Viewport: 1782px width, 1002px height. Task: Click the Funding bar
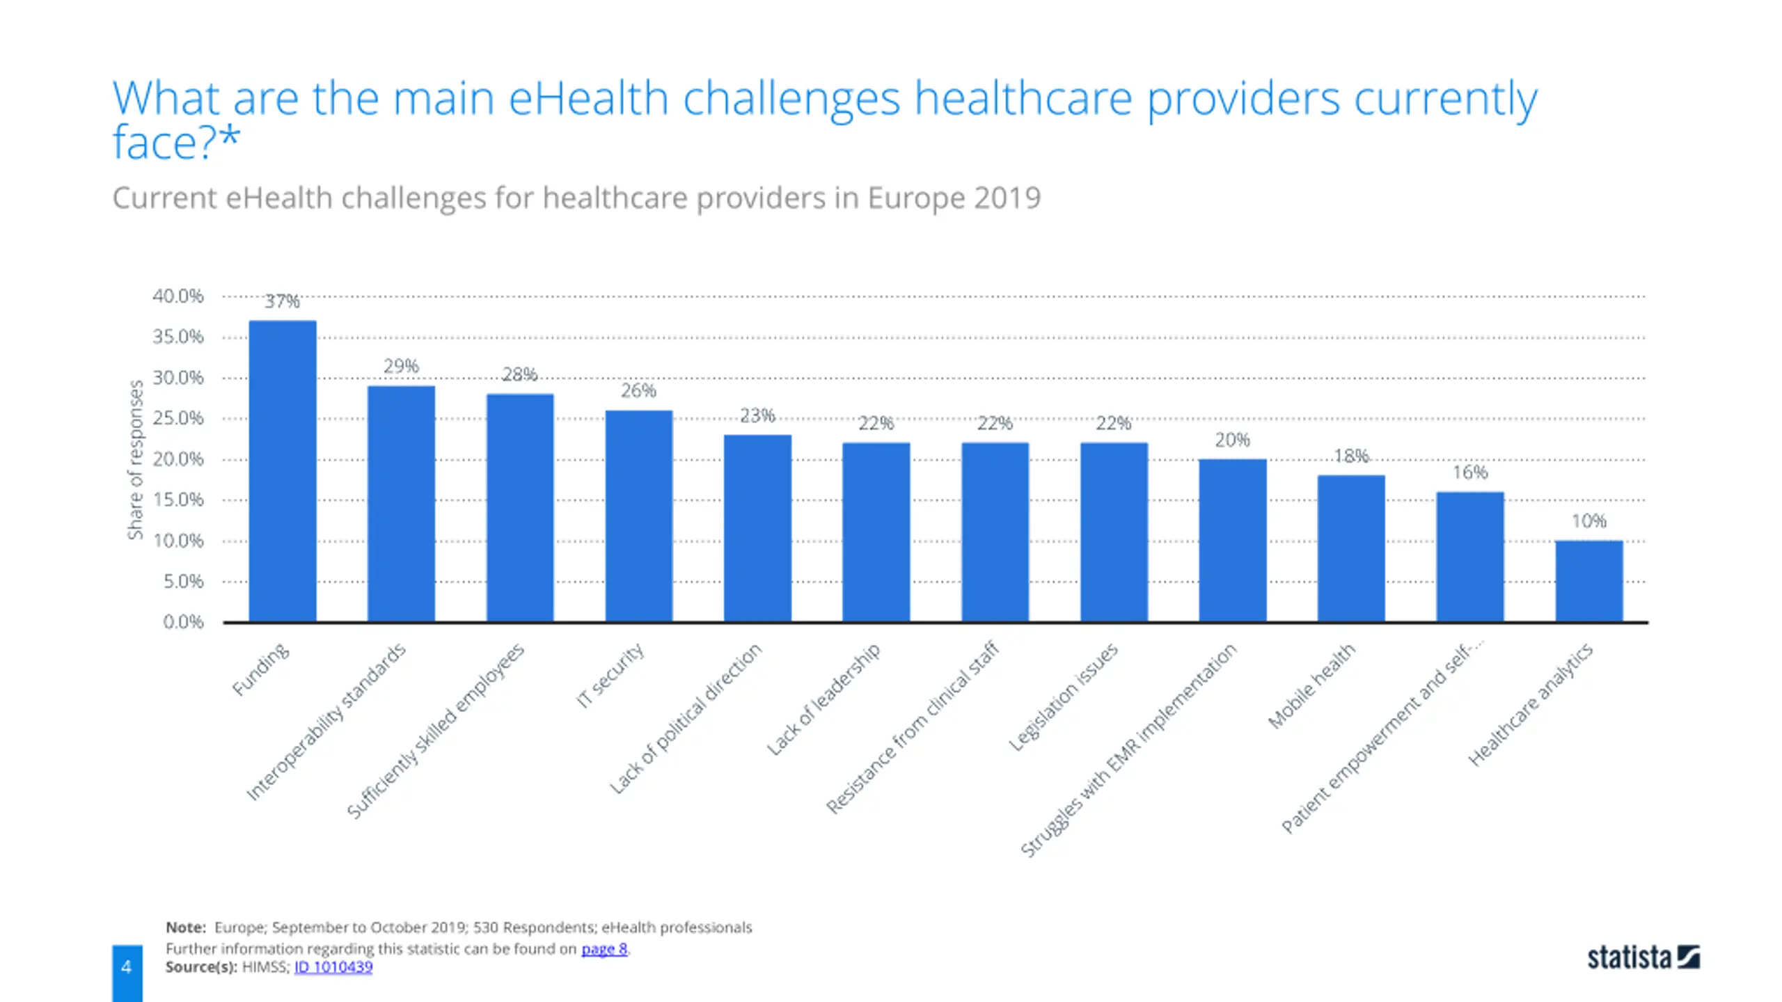[x=283, y=471]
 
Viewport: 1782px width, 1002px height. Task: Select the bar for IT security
[x=639, y=516]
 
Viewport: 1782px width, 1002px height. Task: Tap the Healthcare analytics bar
[x=1589, y=581]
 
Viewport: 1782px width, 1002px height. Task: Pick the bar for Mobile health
[x=1351, y=549]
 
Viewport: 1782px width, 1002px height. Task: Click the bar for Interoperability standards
[x=402, y=504]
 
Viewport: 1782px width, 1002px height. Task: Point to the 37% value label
[x=282, y=301]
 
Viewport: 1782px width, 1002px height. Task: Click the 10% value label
[x=1589, y=521]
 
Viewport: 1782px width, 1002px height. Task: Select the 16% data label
[x=1470, y=472]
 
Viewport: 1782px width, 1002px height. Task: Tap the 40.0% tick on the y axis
[x=178, y=296]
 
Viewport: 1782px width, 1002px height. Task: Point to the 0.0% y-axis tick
[x=183, y=622]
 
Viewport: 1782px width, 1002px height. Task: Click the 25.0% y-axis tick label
[x=178, y=418]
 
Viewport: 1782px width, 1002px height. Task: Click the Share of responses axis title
[x=135, y=460]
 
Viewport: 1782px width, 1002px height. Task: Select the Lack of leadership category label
[x=823, y=699]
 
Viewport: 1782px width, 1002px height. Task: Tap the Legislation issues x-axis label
[x=1063, y=697]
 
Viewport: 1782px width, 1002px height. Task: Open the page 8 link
[x=604, y=948]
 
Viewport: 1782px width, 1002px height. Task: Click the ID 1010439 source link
[x=333, y=967]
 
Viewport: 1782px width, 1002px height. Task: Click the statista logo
[x=1643, y=957]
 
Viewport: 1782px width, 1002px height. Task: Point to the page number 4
[x=127, y=967]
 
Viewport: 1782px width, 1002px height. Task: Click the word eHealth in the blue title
[x=588, y=98]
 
